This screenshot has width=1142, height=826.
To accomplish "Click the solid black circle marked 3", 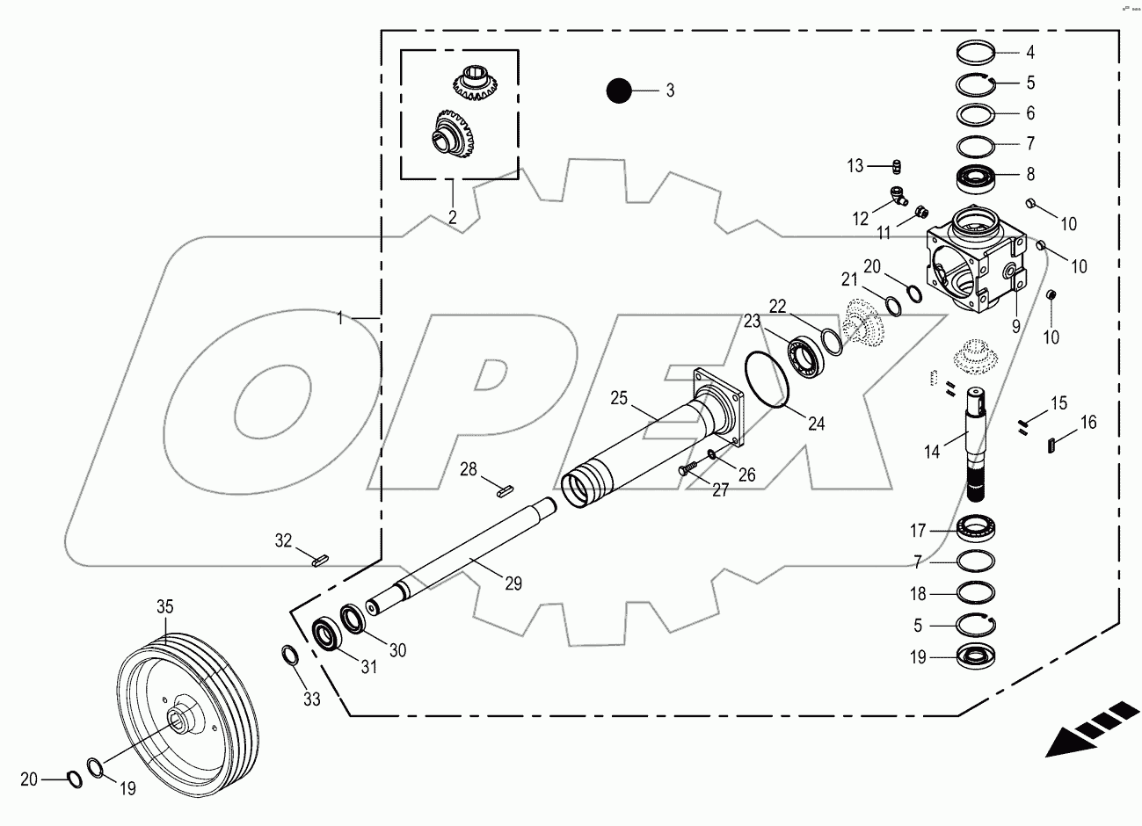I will pyautogui.click(x=619, y=90).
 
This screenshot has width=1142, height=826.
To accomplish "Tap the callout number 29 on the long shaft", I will pyautogui.click(x=513, y=582).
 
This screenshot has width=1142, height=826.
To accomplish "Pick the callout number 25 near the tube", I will pyautogui.click(x=619, y=398).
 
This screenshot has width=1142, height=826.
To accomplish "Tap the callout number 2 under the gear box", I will pyautogui.click(x=453, y=217).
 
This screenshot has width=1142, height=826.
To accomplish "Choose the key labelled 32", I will pyautogui.click(x=318, y=557).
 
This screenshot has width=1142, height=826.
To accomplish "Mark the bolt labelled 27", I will pyautogui.click(x=686, y=471).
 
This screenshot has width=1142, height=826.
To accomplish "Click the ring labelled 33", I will pyautogui.click(x=288, y=656).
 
